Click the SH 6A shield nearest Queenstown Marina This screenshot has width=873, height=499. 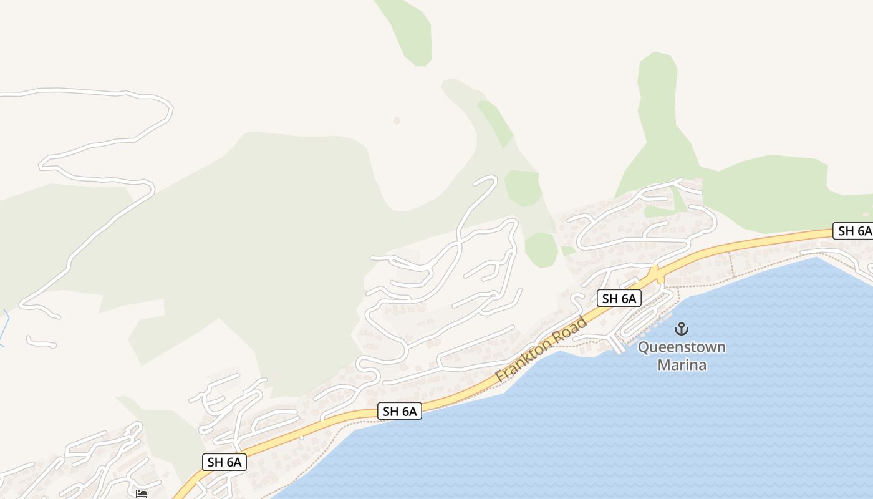(619, 298)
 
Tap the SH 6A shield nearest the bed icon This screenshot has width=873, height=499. (224, 462)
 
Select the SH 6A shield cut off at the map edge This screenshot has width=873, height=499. (853, 231)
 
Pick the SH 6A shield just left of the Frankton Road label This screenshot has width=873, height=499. (400, 411)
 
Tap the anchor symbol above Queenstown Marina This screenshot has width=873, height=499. (682, 328)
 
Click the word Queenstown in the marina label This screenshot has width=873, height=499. (682, 347)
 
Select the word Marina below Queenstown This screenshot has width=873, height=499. (682, 364)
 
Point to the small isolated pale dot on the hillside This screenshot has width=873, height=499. (397, 120)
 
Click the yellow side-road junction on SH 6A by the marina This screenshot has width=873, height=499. (654, 274)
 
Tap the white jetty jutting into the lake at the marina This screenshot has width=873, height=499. (617, 345)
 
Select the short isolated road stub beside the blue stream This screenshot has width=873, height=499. (41, 342)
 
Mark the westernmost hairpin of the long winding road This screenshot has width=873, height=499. (42, 165)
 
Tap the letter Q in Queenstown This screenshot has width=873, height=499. (644, 347)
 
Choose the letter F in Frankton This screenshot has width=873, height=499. (499, 378)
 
